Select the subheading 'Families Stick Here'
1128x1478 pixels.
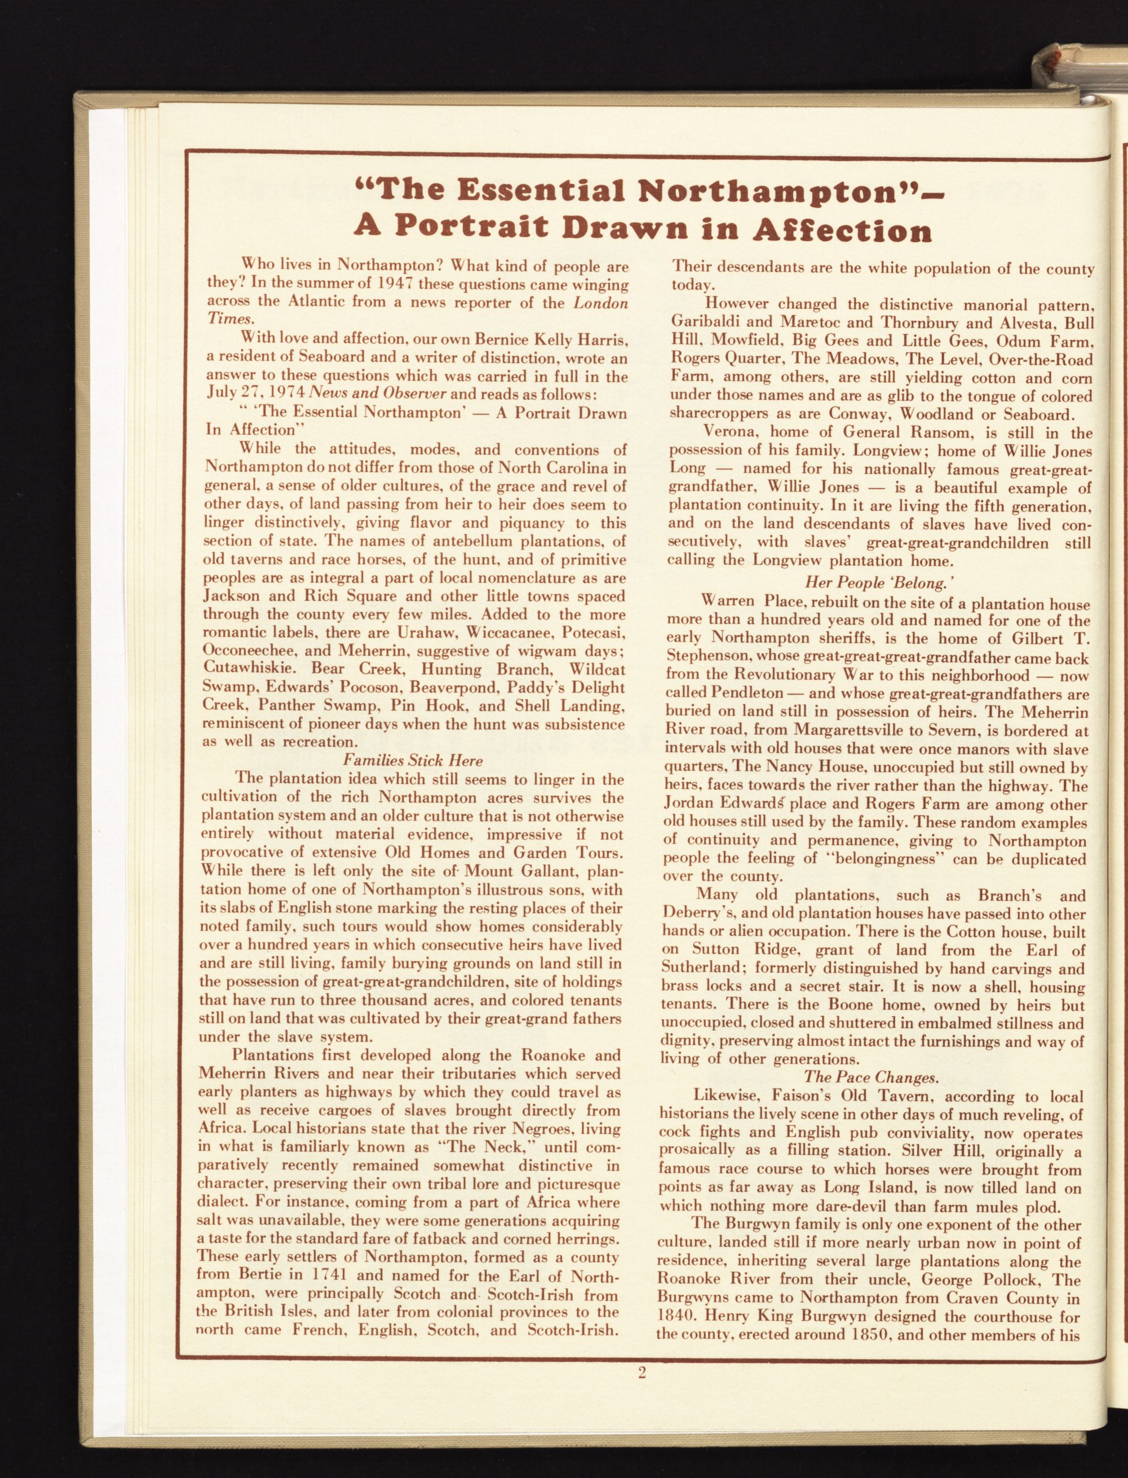412,760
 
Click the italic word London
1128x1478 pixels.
600,303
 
